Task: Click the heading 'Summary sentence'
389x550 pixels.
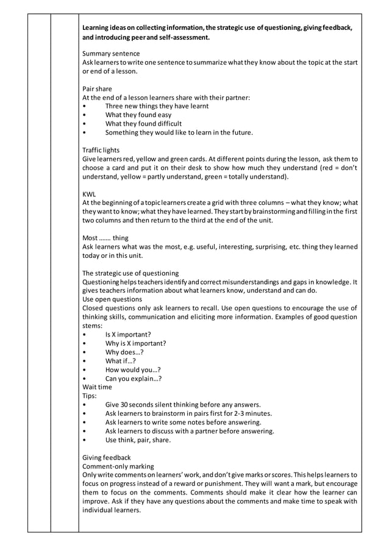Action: pos(111,54)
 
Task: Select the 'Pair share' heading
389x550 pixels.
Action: pos(97,88)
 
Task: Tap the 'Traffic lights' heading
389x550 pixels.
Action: pos(101,150)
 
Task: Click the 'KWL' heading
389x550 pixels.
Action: pos(89,194)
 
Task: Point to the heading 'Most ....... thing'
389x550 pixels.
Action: pos(105,238)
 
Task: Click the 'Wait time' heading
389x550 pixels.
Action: pos(97,387)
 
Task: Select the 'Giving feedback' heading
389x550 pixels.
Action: pos(106,457)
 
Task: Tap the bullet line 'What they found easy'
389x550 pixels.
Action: pos(138,115)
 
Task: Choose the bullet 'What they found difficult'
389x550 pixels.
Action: pos(144,123)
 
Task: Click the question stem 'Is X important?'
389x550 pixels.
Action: pos(128,334)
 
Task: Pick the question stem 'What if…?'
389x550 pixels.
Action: pos(121,360)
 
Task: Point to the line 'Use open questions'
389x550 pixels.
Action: pos(112,299)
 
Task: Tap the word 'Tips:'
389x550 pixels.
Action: pos(90,395)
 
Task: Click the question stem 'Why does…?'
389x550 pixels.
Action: pos(124,352)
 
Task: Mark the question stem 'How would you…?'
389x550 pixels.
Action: pos(133,370)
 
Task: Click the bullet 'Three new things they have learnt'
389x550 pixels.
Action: pos(157,106)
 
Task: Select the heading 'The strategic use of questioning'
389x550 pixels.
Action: pos(130,273)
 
